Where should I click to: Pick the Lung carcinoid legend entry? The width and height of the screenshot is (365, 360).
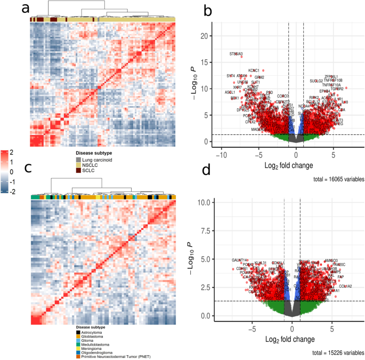click(x=96, y=159)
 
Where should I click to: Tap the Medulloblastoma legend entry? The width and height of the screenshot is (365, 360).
click(x=96, y=345)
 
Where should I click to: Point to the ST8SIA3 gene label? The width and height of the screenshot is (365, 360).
click(x=236, y=54)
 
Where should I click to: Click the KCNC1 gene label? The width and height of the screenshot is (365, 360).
click(x=254, y=70)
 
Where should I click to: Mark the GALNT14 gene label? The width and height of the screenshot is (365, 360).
click(x=240, y=260)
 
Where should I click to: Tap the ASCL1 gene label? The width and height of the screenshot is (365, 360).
click(x=230, y=92)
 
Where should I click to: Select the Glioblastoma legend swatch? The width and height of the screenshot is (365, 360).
click(x=78, y=336)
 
